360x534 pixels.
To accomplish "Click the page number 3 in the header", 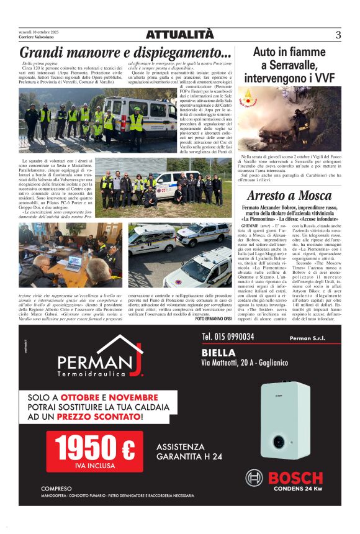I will coord(338,35).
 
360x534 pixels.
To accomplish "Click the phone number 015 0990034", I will coord(228,337).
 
